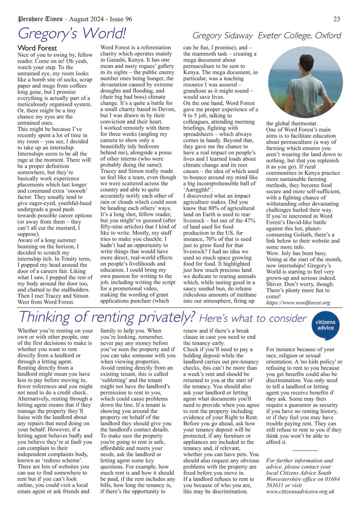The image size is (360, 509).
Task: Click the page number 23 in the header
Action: tap(337, 19)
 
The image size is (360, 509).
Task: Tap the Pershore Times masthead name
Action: tap(40, 19)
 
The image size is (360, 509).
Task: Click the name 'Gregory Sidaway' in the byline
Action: tap(223, 36)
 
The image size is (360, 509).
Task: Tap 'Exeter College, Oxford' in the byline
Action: tap(300, 36)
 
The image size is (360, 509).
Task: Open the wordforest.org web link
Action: tap(298, 303)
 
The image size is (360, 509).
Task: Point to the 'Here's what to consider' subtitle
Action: tap(253, 318)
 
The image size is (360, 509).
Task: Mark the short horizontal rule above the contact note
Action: tap(305, 450)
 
